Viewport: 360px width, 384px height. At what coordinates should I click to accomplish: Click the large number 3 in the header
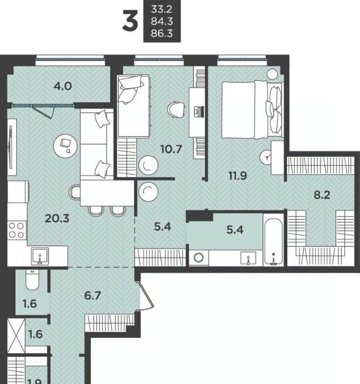click(x=130, y=21)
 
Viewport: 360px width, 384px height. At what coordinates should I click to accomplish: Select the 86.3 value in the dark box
click(x=162, y=34)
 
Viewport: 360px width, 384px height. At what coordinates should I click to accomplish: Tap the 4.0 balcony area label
click(x=63, y=86)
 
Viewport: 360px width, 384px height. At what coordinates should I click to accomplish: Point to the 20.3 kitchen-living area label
click(x=57, y=218)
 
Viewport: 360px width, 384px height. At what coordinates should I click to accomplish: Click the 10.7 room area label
click(x=171, y=149)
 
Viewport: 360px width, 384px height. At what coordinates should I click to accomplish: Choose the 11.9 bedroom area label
click(x=238, y=176)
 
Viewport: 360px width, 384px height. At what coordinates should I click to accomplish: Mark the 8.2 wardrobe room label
click(x=322, y=195)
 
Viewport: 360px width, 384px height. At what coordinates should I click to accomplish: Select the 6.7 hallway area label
click(x=92, y=296)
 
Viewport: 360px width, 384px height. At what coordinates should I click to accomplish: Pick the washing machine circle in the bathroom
click(x=198, y=257)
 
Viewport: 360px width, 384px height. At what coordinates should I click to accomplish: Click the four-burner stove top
click(x=17, y=230)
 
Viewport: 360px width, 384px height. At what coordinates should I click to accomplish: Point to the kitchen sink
click(x=39, y=256)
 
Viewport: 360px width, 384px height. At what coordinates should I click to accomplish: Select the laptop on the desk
click(x=198, y=111)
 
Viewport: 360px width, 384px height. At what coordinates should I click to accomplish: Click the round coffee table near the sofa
click(x=65, y=146)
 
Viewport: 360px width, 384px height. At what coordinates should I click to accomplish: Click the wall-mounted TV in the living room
click(x=10, y=147)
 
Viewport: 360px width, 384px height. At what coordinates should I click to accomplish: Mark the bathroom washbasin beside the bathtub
click(x=248, y=258)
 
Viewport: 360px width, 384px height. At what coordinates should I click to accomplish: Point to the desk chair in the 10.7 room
click(x=176, y=110)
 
